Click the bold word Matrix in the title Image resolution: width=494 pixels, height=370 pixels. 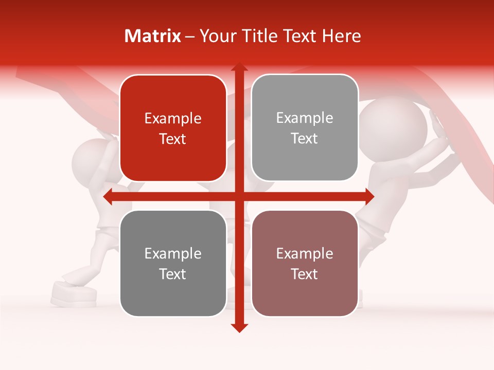pyautogui.click(x=153, y=36)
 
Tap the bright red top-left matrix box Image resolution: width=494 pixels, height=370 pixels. pyautogui.click(x=173, y=128)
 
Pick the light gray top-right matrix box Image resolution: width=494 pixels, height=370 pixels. pyautogui.click(x=305, y=128)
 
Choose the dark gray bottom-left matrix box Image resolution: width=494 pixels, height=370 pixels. pyautogui.click(x=173, y=264)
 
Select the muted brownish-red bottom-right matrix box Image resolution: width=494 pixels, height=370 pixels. pyautogui.click(x=305, y=264)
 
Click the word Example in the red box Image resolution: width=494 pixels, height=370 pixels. pyautogui.click(x=173, y=119)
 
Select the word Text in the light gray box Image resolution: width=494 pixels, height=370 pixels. pyautogui.click(x=305, y=139)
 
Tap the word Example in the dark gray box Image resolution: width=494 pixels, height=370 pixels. pyautogui.click(x=173, y=254)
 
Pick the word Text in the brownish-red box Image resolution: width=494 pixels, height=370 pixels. pyautogui.click(x=305, y=274)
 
